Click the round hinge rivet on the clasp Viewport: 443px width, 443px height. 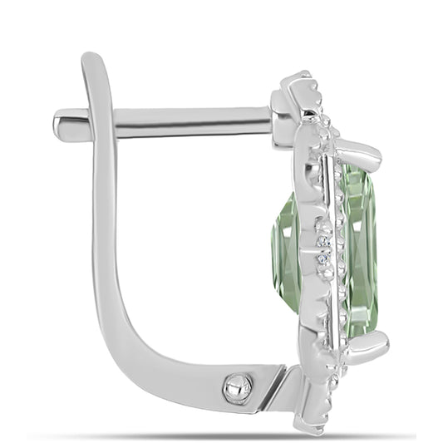(239, 386)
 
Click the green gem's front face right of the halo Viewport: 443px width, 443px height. (359, 249)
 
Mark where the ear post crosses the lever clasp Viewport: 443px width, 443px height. (103, 123)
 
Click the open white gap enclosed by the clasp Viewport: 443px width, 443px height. (199, 249)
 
